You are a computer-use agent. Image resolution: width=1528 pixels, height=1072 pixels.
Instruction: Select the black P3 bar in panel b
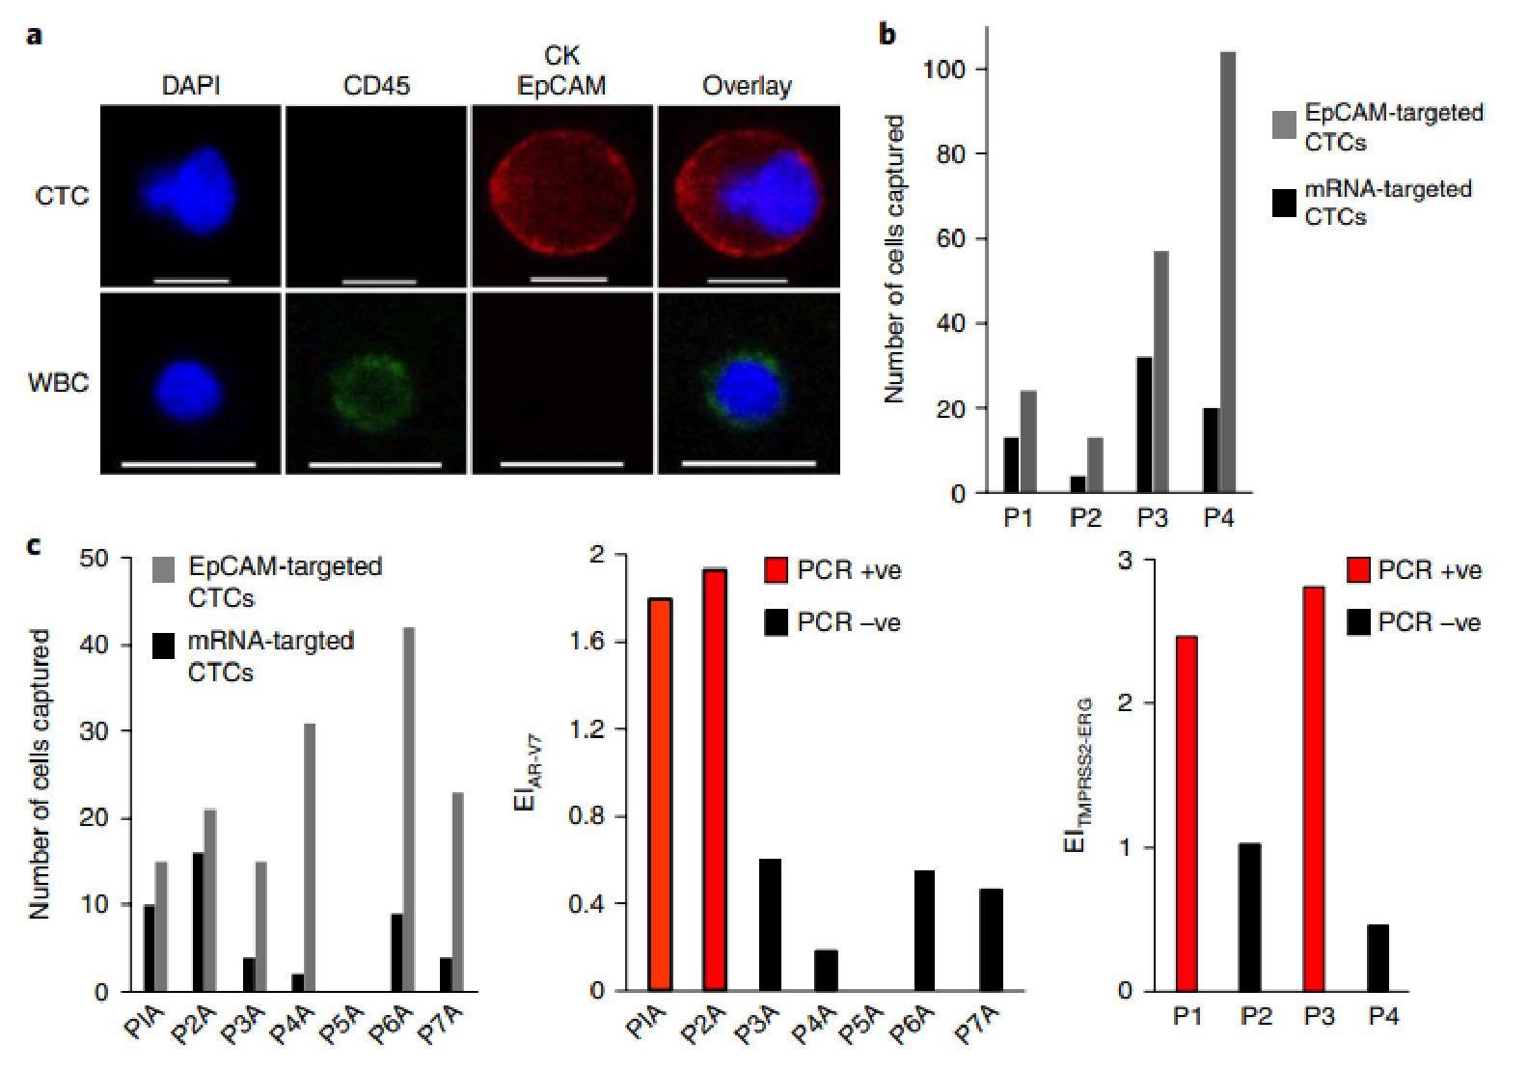pyautogui.click(x=1144, y=425)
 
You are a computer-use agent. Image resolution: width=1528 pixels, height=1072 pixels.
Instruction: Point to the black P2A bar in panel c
pyautogui.click(x=198, y=921)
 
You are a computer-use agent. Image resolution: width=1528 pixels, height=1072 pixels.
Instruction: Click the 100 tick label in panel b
pyautogui.click(x=941, y=69)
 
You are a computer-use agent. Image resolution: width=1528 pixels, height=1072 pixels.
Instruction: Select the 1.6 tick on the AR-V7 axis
pyautogui.click(x=587, y=642)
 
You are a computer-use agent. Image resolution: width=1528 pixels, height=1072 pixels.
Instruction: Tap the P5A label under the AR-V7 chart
pyautogui.click(x=860, y=1025)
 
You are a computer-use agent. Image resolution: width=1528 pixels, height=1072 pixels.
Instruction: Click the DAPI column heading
pyautogui.click(x=190, y=86)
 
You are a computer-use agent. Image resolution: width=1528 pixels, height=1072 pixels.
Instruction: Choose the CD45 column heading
pyautogui.click(x=376, y=86)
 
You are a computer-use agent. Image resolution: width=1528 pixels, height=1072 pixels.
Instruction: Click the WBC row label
pyautogui.click(x=58, y=383)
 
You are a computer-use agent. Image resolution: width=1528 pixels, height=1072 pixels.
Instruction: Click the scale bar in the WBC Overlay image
pyautogui.click(x=749, y=464)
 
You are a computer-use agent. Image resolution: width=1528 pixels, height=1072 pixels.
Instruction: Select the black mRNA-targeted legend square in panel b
pyautogui.click(x=1284, y=203)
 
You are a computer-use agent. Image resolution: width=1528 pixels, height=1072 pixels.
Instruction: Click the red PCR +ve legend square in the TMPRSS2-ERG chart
pyautogui.click(x=1358, y=569)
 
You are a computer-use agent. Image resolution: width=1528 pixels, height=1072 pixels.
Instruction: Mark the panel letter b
pyautogui.click(x=887, y=35)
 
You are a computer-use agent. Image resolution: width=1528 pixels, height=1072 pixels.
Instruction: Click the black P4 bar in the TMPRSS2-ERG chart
pyautogui.click(x=1378, y=957)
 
